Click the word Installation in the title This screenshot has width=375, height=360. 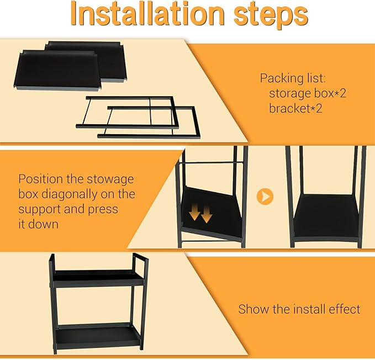pyautogui.click(x=147, y=14)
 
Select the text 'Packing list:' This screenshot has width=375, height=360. pyautogui.click(x=293, y=78)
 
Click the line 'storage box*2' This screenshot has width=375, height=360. pyautogui.click(x=308, y=93)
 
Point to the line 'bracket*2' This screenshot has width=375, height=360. pyautogui.click(x=295, y=108)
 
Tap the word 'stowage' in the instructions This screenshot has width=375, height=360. pyautogui.click(x=110, y=179)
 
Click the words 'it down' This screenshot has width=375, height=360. pyautogui.click(x=38, y=224)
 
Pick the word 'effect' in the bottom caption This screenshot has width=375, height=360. pyautogui.click(x=345, y=309)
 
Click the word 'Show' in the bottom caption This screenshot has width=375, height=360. pyautogui.click(x=253, y=309)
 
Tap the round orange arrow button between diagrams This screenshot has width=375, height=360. pyautogui.click(x=265, y=197)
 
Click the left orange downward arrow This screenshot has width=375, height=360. pyautogui.click(x=195, y=211)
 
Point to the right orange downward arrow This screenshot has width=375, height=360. pyautogui.click(x=207, y=214)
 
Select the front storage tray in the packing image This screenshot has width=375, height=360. pyautogui.click(x=57, y=71)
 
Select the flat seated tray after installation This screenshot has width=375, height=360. pyautogui.click(x=326, y=217)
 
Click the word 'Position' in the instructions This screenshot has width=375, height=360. pyautogui.click(x=40, y=179)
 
